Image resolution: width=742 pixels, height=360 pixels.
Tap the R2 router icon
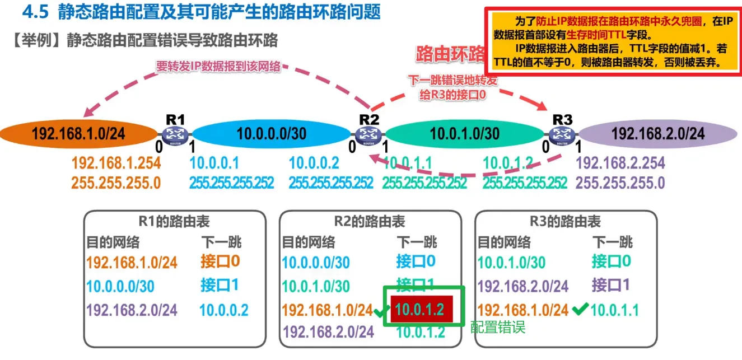click(x=368, y=134)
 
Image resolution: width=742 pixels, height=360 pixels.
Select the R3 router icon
click(x=561, y=134)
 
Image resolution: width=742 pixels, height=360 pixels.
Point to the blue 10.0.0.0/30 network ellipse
click(x=271, y=134)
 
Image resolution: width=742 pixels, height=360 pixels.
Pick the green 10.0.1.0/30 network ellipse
click(x=464, y=134)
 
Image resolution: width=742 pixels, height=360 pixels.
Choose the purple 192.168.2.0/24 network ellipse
click(x=657, y=134)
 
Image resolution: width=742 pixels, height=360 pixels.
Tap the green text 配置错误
click(x=497, y=327)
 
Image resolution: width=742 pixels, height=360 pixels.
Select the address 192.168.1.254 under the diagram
click(x=116, y=163)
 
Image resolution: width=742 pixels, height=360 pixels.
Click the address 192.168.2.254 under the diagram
click(x=620, y=163)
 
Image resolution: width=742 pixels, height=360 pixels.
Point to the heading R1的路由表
click(x=174, y=221)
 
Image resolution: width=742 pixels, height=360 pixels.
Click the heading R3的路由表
click(x=566, y=221)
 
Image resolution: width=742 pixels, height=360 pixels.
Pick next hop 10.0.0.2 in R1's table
click(x=224, y=310)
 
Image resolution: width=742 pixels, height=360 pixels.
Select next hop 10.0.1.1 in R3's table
click(x=615, y=310)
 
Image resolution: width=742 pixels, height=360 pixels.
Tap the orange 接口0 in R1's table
click(x=220, y=261)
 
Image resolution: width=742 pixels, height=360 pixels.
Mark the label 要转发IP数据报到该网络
click(x=218, y=67)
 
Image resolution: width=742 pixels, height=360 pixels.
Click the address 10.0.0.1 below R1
click(x=214, y=163)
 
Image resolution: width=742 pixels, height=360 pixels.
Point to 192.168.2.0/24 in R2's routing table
click(x=328, y=332)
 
